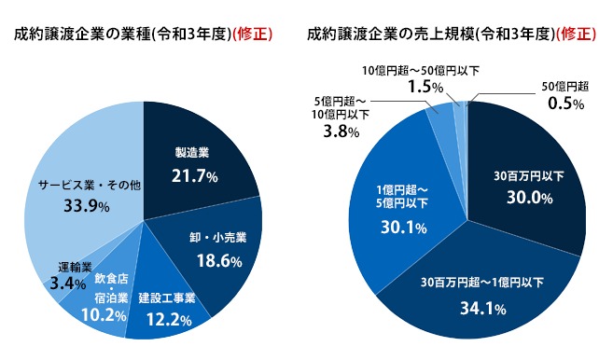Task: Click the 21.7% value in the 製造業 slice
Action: click(195, 176)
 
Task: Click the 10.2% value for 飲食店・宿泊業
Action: click(104, 315)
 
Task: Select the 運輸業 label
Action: click(69, 267)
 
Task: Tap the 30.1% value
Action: click(404, 227)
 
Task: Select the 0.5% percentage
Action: click(565, 104)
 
